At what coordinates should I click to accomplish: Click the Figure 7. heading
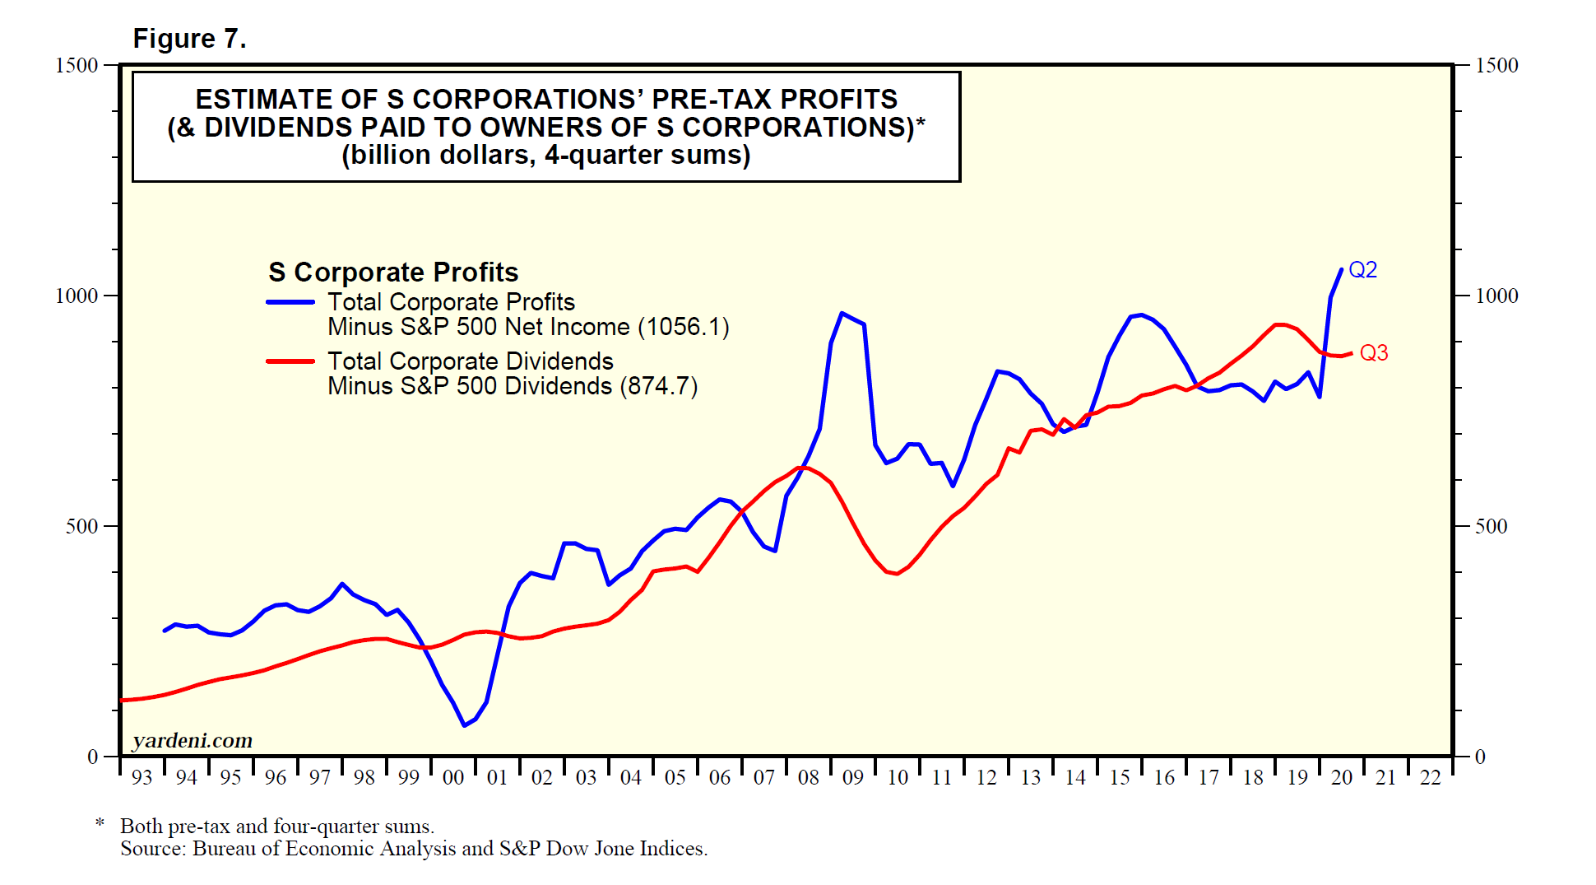point(189,39)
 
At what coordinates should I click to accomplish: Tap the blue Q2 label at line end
point(1362,270)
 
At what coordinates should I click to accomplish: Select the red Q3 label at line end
point(1373,353)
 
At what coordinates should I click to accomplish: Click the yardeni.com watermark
point(193,741)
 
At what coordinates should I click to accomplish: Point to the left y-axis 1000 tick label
point(76,296)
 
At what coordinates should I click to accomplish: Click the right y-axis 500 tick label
point(1491,526)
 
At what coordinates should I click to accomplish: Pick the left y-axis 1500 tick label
point(76,65)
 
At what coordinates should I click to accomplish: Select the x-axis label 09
point(852,777)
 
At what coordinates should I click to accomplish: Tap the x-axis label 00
point(452,777)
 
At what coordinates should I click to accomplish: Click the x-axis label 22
point(1430,777)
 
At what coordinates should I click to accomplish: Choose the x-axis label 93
point(142,777)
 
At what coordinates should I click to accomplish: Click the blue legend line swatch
point(290,302)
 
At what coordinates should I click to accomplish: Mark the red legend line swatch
point(290,361)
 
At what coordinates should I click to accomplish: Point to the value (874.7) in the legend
point(659,386)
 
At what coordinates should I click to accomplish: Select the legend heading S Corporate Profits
point(393,272)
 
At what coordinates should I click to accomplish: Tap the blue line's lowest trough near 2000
point(465,725)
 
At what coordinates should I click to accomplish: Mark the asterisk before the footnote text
point(100,824)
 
